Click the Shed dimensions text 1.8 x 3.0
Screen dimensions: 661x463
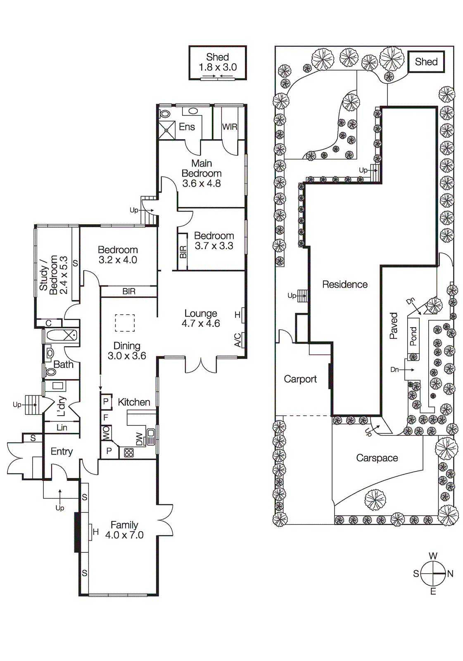218,67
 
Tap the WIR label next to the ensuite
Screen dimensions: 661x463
230,127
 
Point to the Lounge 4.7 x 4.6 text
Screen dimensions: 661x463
201,319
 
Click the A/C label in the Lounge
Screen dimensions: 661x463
238,340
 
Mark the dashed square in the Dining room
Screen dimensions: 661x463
125,323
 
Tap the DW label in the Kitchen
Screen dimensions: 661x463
139,439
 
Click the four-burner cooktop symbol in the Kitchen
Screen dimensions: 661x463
129,452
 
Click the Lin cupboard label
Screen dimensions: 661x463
62,428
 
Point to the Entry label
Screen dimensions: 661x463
62,452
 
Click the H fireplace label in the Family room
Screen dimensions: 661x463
95,532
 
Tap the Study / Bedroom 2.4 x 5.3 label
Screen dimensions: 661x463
53,275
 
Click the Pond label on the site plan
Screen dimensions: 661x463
413,336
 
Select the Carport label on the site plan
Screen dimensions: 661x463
300,379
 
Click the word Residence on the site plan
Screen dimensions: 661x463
345,284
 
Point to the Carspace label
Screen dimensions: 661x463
377,458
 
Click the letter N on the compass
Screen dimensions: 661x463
450,573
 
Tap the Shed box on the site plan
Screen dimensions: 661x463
426,62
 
